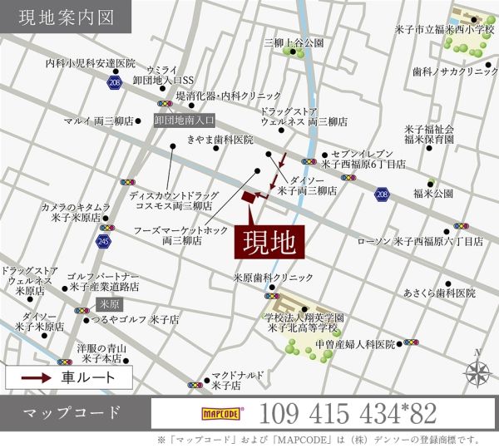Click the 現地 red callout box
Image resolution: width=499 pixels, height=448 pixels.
pyautogui.click(x=269, y=242)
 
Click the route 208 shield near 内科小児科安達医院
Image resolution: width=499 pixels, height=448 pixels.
pyautogui.click(x=114, y=83)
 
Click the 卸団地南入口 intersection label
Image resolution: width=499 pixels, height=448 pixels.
pyautogui.click(x=185, y=120)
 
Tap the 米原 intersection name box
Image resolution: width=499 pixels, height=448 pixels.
pyautogui.click(x=109, y=304)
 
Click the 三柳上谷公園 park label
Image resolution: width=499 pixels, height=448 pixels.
pyautogui.click(x=294, y=42)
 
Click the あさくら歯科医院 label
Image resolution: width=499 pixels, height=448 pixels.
pyautogui.click(x=439, y=293)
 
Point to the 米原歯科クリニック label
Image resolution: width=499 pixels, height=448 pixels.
pyautogui.click(x=273, y=278)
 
